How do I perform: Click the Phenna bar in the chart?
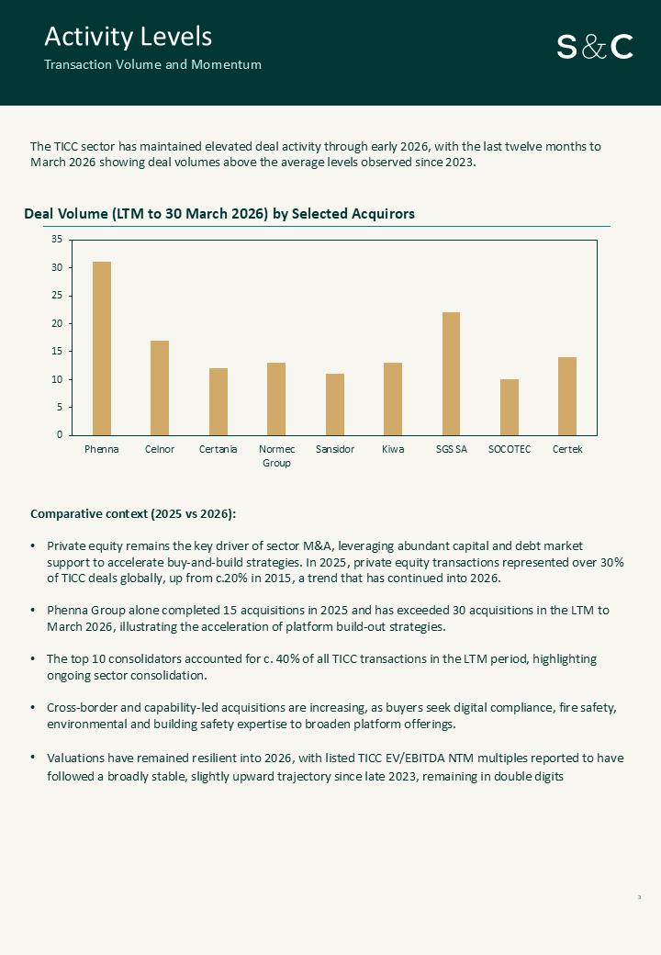[x=102, y=348]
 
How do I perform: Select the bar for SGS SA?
[x=451, y=374]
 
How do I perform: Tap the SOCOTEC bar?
[x=510, y=408]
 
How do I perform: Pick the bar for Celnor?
[x=160, y=388]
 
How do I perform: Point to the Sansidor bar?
[x=335, y=404]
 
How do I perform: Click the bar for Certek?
[x=567, y=397]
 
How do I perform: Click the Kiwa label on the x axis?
[x=393, y=449]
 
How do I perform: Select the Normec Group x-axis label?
[x=276, y=455]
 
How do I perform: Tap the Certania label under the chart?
[x=218, y=449]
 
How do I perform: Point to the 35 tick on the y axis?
[x=57, y=240]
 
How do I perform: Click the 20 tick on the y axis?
[x=57, y=323]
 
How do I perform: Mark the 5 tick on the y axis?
[x=60, y=407]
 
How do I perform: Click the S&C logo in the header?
[x=595, y=47]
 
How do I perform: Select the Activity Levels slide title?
[x=129, y=37]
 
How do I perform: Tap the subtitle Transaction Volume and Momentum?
[x=152, y=64]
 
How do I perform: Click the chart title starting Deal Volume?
[x=219, y=214]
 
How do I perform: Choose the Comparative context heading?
[x=133, y=513]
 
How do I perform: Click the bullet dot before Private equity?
[x=33, y=545]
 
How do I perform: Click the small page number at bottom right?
[x=639, y=897]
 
